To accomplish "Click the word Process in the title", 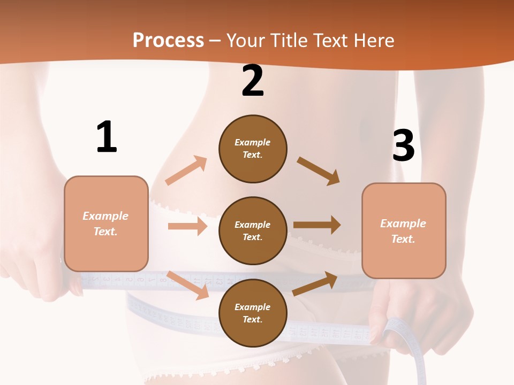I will [168, 41].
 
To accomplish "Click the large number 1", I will [106, 137].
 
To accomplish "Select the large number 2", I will [253, 81].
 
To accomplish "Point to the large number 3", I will [403, 145].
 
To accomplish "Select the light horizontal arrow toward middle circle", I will [187, 226].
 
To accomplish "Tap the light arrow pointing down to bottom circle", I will [188, 285].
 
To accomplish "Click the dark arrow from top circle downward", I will [319, 171].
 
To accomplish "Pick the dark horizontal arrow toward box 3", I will [316, 225].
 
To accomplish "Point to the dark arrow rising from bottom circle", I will [315, 284].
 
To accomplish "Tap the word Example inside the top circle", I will [252, 143].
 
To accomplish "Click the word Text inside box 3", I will [403, 239].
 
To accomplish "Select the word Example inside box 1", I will [105, 216].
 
